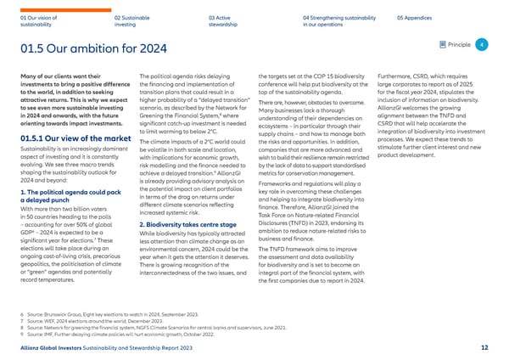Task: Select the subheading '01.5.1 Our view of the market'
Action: coord(64,138)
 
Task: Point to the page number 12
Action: coord(484,348)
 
